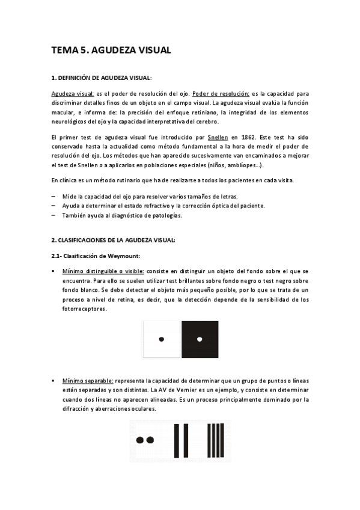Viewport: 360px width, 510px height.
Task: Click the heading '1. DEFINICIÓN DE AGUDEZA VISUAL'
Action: (x=102, y=78)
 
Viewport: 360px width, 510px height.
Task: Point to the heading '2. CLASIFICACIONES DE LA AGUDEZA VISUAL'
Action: (x=113, y=241)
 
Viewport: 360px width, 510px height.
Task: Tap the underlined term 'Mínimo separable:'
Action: (x=87, y=381)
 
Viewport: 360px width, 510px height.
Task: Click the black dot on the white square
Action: (x=161, y=340)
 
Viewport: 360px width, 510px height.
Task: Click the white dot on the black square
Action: (x=199, y=340)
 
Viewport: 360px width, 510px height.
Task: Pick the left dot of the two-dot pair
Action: (x=140, y=440)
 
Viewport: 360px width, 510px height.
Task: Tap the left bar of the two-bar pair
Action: (x=176, y=440)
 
